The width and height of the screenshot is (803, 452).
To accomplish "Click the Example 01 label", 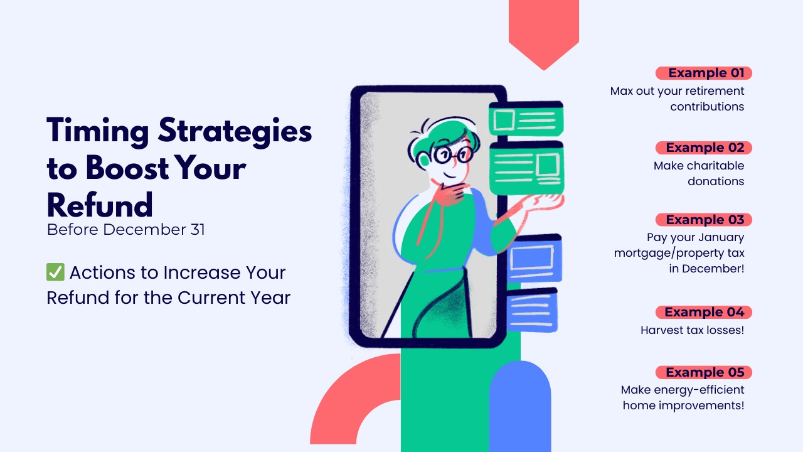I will [x=704, y=73].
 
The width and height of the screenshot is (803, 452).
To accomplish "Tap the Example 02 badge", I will [x=704, y=148].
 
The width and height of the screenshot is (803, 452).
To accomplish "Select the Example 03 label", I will [x=704, y=220].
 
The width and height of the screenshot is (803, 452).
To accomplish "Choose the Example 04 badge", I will [x=704, y=312].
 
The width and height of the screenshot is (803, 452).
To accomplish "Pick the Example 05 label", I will [x=704, y=372].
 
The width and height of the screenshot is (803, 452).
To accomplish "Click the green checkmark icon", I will [x=55, y=272].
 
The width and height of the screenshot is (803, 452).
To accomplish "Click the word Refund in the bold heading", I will [x=100, y=205].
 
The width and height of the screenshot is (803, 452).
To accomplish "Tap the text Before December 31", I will [x=125, y=230].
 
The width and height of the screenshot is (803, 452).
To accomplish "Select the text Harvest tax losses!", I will [x=692, y=330].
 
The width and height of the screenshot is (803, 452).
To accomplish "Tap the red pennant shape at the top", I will [x=543, y=31].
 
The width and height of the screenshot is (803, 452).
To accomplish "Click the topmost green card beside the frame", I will [x=526, y=119].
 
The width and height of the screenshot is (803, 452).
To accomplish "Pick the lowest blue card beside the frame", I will [x=532, y=309].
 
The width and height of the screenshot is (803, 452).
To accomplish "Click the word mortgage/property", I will [x=679, y=254].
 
